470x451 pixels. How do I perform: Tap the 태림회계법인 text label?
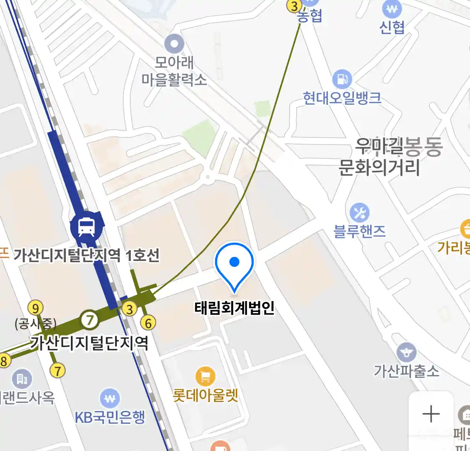234,308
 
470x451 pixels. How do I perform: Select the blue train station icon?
86,226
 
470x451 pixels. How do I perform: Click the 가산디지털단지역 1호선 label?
86,255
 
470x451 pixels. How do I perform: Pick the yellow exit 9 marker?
36,309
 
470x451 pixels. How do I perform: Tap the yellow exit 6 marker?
148,323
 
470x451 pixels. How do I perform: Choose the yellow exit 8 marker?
4,360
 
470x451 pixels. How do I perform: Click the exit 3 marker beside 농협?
295,6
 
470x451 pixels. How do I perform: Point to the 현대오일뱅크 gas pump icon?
342,79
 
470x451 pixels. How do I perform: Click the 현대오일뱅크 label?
342,98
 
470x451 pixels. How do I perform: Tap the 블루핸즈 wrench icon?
359,213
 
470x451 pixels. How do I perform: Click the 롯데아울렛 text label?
206,395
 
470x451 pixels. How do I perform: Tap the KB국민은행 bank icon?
110,399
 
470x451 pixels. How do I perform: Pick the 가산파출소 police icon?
406,353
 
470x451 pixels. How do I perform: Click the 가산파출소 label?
406,371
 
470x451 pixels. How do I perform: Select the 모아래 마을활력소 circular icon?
174,44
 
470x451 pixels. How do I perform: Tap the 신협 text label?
392,27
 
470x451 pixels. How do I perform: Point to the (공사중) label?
35,324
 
